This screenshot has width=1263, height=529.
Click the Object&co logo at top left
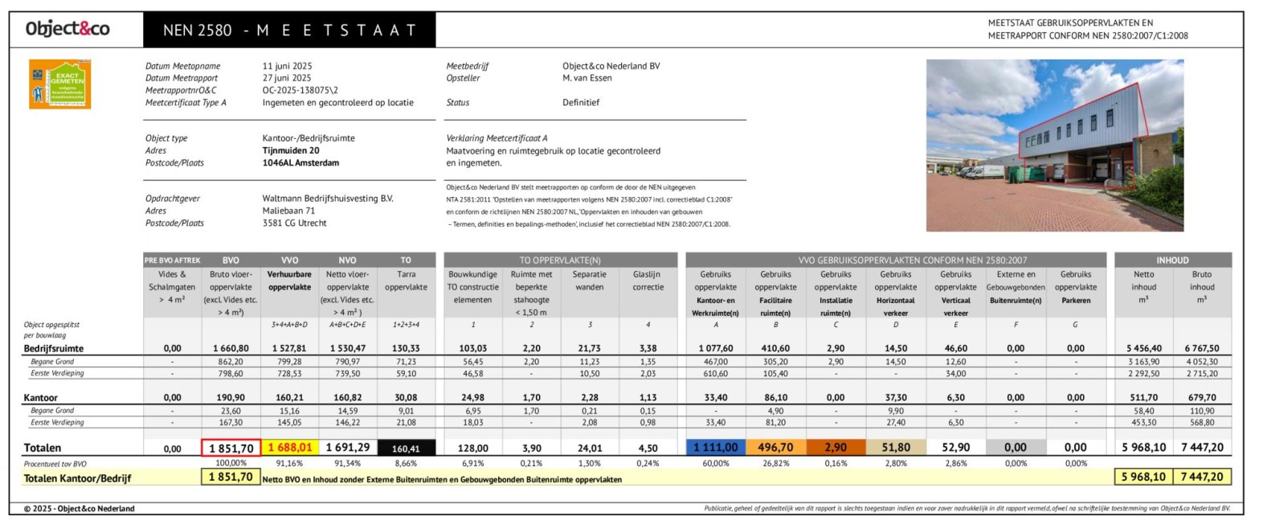pyautogui.click(x=67, y=30)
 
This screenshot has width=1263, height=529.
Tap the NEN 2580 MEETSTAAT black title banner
pyautogui.click(x=289, y=31)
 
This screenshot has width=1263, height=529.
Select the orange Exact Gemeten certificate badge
pyautogui.click(x=60, y=84)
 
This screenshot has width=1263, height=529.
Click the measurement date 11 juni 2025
pyautogui.click(x=287, y=66)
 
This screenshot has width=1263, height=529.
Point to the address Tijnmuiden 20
pyautogui.click(x=290, y=150)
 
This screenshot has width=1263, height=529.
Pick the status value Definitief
pyautogui.click(x=580, y=102)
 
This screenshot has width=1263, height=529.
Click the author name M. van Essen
pyautogui.click(x=587, y=78)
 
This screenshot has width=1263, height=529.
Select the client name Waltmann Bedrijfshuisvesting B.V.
pyautogui.click(x=327, y=199)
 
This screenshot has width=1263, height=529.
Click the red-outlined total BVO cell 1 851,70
pyautogui.click(x=231, y=449)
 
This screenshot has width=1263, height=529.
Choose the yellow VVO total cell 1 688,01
pyautogui.click(x=289, y=448)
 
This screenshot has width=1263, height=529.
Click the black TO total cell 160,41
pyautogui.click(x=406, y=449)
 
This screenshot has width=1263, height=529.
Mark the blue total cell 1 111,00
pyautogui.click(x=715, y=448)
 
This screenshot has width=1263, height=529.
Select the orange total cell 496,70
pyautogui.click(x=775, y=448)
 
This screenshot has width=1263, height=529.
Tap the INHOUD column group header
pyautogui.click(x=1172, y=260)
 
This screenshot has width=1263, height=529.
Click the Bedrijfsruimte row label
pyautogui.click(x=53, y=348)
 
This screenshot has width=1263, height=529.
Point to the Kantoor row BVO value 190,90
pyautogui.click(x=231, y=397)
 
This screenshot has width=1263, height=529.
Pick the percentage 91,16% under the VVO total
pyautogui.click(x=289, y=463)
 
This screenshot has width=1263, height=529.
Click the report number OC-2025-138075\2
pyautogui.click(x=300, y=90)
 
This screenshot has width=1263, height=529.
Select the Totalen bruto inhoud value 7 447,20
pyautogui.click(x=1202, y=448)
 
